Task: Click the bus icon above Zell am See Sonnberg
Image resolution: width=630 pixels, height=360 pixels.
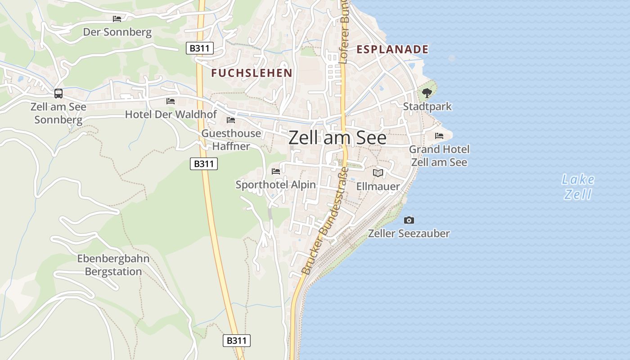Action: click(58, 94)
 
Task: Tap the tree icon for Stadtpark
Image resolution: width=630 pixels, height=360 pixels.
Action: click(427, 93)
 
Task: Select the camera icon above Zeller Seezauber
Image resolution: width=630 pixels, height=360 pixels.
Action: click(409, 220)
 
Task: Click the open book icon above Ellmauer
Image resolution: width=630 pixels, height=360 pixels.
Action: click(378, 173)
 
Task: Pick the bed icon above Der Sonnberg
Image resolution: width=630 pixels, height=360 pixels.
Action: click(117, 19)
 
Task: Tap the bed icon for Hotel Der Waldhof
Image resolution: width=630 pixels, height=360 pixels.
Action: click(171, 101)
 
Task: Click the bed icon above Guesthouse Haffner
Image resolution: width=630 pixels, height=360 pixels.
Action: click(231, 120)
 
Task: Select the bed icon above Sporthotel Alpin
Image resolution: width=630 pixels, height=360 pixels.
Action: click(276, 171)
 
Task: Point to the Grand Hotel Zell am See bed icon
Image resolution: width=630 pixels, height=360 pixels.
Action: click(439, 136)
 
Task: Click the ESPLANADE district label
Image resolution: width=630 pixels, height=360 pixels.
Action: click(392, 49)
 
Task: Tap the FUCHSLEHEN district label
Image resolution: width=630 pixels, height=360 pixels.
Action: click(252, 73)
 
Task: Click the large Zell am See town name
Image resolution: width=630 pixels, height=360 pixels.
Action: click(337, 138)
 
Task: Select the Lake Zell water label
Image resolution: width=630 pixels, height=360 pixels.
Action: click(578, 187)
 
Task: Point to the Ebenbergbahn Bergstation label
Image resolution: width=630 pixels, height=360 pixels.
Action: click(113, 265)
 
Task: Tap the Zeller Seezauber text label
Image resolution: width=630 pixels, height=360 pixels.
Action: click(409, 234)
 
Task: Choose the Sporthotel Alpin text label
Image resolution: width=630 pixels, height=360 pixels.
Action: click(276, 185)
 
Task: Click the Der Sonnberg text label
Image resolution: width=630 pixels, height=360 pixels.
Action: click(117, 32)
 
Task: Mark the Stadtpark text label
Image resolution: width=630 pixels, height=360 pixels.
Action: click(427, 107)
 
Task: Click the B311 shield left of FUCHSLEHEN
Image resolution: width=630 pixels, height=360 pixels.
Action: click(200, 48)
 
